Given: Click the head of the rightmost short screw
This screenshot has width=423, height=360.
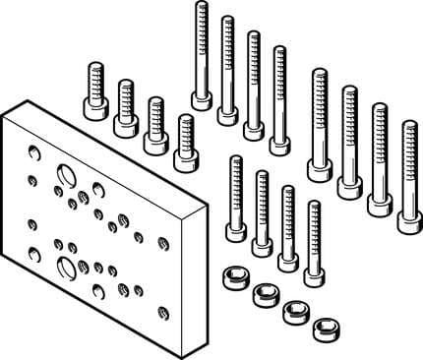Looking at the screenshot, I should (184, 158).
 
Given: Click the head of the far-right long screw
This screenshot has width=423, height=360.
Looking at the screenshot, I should (409, 217).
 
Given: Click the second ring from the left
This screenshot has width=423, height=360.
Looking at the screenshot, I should (265, 291).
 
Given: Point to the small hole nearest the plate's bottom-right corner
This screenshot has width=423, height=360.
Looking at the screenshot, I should (163, 315).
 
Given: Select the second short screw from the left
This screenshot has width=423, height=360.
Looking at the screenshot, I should (125, 125).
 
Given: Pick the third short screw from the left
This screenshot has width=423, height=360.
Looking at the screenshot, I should (154, 142).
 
